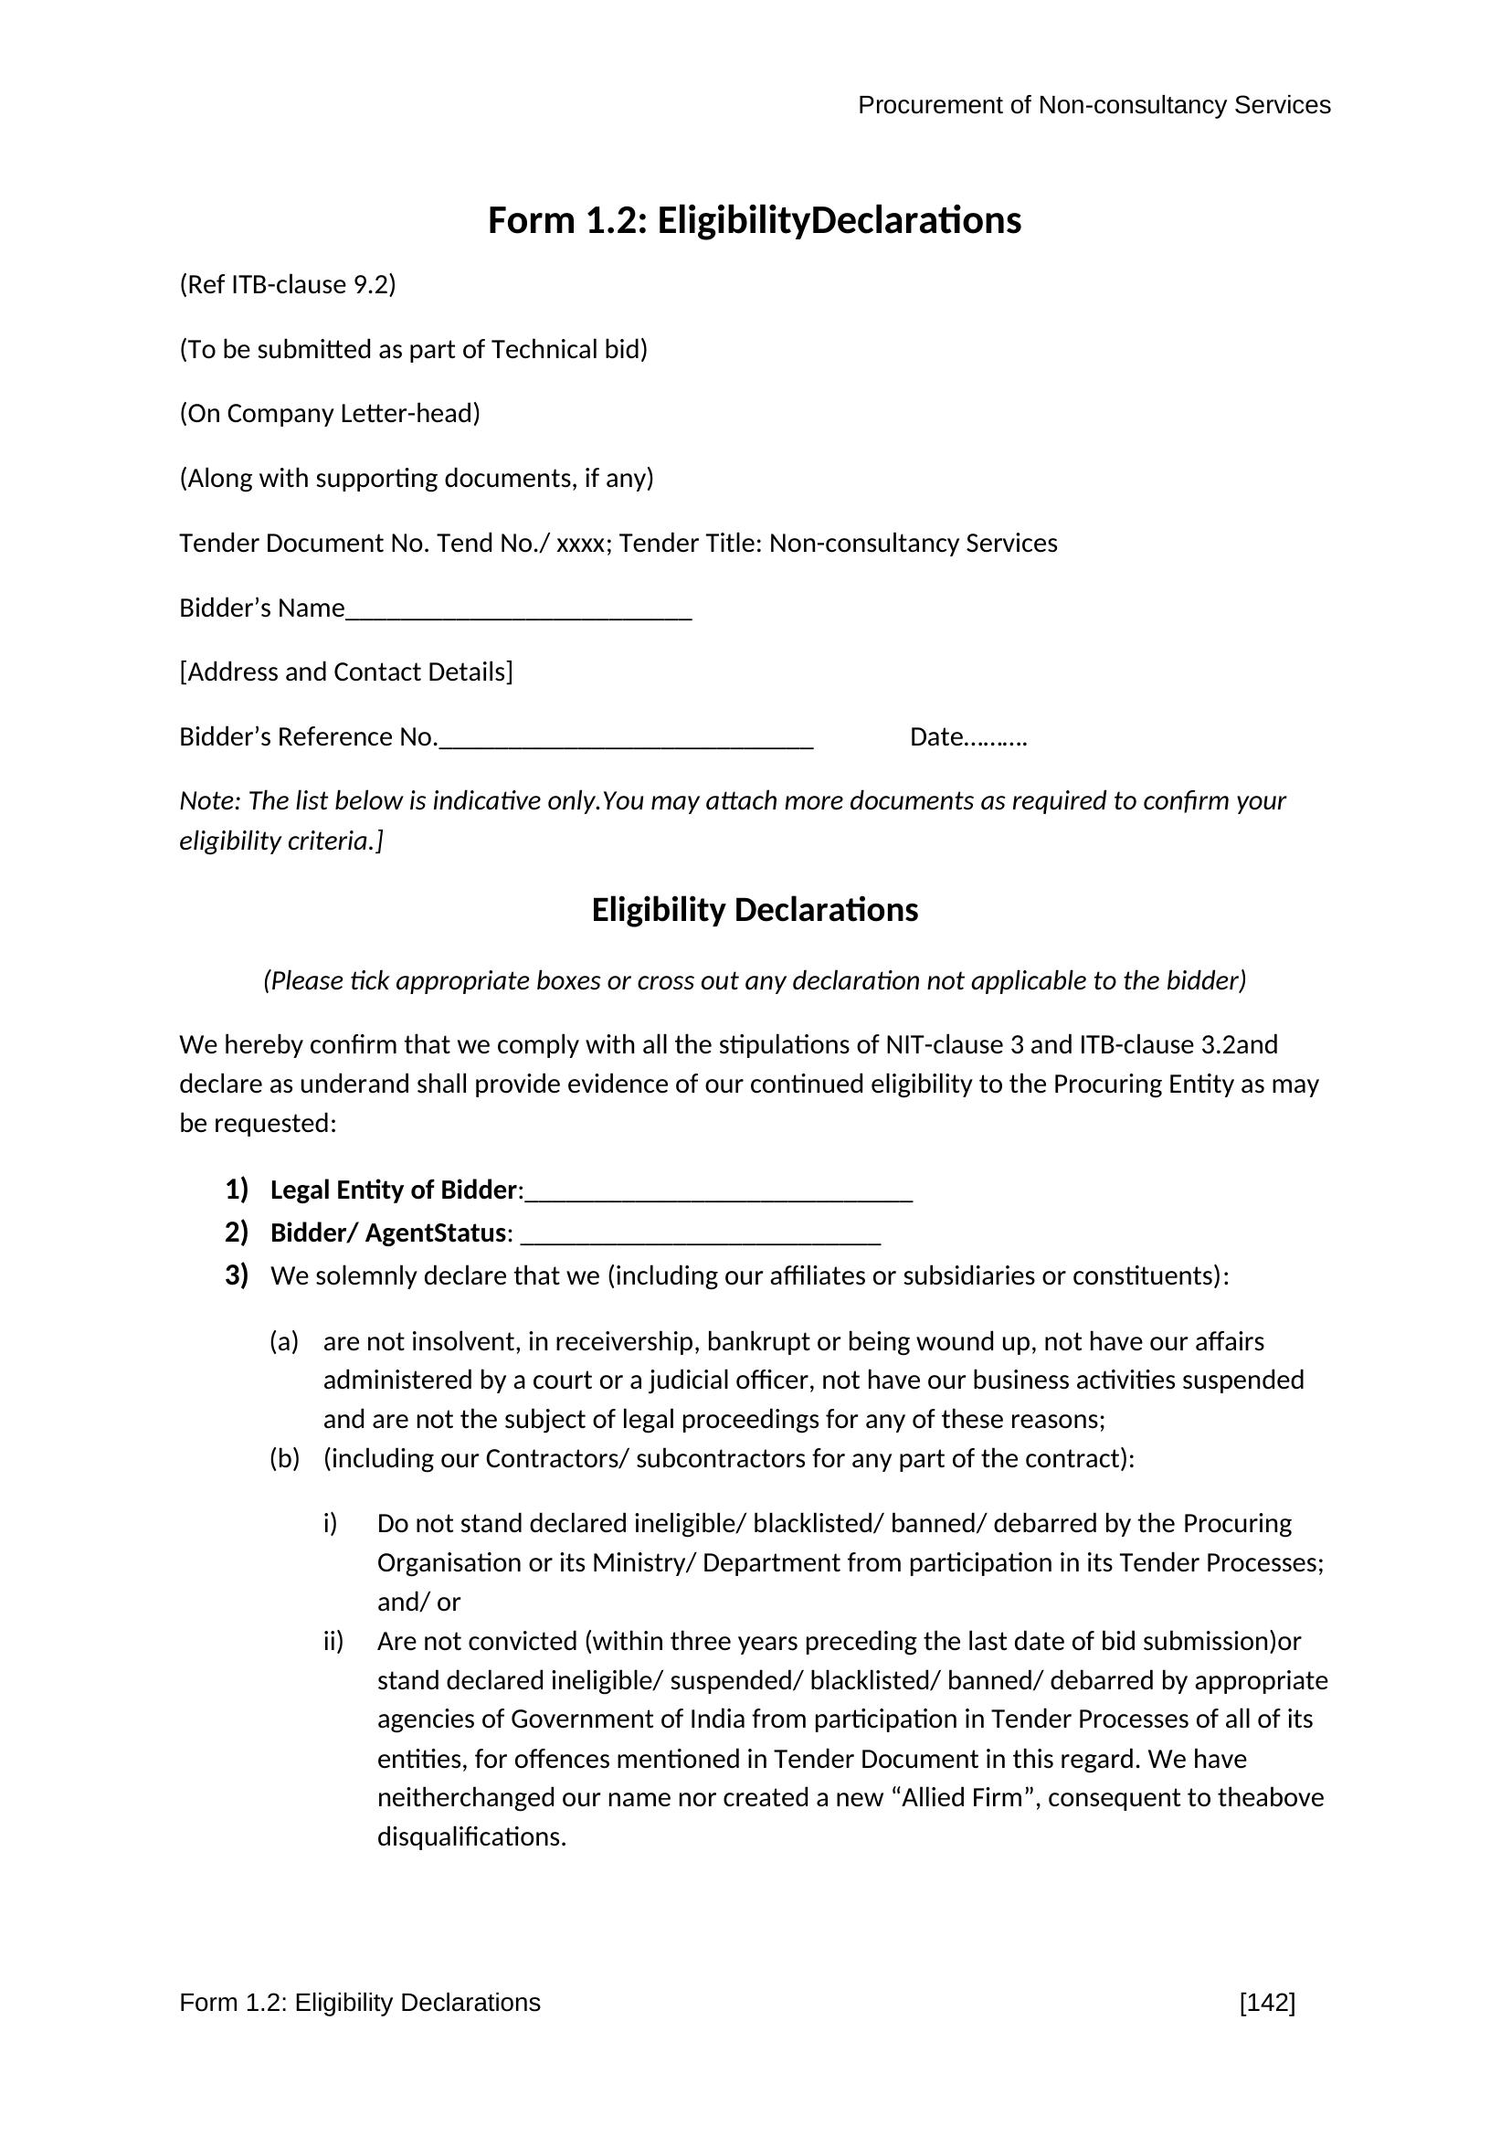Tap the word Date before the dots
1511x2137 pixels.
pos(936,737)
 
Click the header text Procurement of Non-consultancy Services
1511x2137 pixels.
pos(1094,105)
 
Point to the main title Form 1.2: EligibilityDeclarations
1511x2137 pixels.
pos(755,220)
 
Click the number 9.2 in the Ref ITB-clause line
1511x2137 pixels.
pos(371,285)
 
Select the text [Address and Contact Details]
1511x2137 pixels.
pos(346,672)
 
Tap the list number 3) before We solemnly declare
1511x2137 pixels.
pos(237,1275)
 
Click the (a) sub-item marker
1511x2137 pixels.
pos(284,1341)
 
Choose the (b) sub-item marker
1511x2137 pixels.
pos(284,1458)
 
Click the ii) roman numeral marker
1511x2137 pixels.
pos(333,1641)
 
